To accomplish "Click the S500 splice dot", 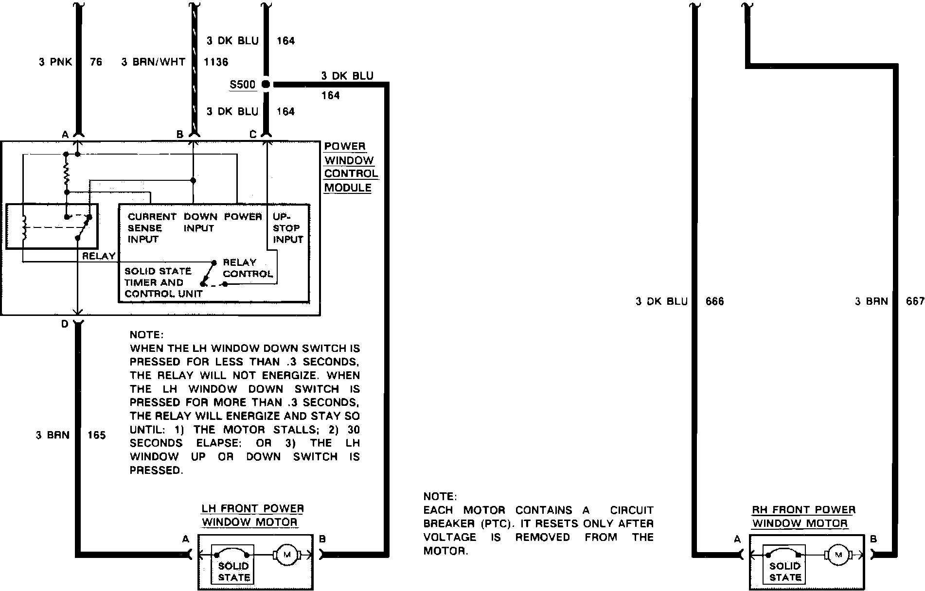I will pyautogui.click(x=266, y=84).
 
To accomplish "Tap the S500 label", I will pyautogui.click(x=242, y=85).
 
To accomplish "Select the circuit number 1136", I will pyautogui.click(x=215, y=62).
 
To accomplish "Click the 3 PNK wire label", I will pyautogui.click(x=55, y=62).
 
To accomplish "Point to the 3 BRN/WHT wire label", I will pyautogui.click(x=153, y=62).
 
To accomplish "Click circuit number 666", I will pyautogui.click(x=714, y=302).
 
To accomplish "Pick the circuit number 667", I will pyautogui.click(x=915, y=302).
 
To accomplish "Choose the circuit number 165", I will pyautogui.click(x=96, y=435).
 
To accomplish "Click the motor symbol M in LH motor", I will pyautogui.click(x=286, y=555).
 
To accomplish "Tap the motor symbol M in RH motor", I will pyautogui.click(x=838, y=555).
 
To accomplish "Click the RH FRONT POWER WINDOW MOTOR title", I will pyautogui.click(x=803, y=517).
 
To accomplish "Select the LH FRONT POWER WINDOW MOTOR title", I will pyautogui.click(x=252, y=516).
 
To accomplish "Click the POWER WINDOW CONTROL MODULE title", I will pyautogui.click(x=351, y=167).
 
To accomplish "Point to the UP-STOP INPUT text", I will pyautogui.click(x=288, y=228).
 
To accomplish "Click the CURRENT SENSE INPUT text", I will pyautogui.click(x=151, y=228).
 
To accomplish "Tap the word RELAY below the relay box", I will pyautogui.click(x=99, y=256).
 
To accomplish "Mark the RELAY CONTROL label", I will pyautogui.click(x=248, y=268).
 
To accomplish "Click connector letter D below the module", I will pyautogui.click(x=65, y=324).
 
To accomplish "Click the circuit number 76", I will pyautogui.click(x=96, y=62).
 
